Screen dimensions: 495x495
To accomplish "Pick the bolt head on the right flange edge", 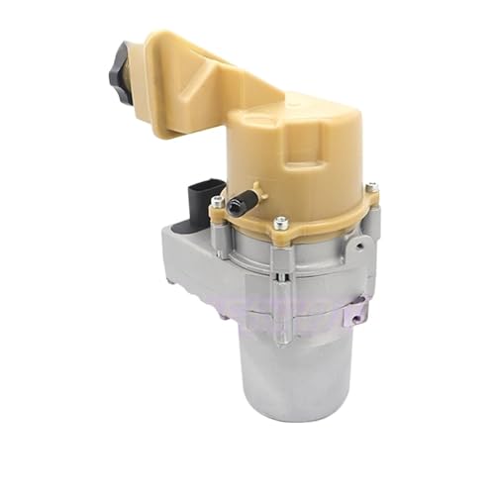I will pyautogui.click(x=371, y=187).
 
